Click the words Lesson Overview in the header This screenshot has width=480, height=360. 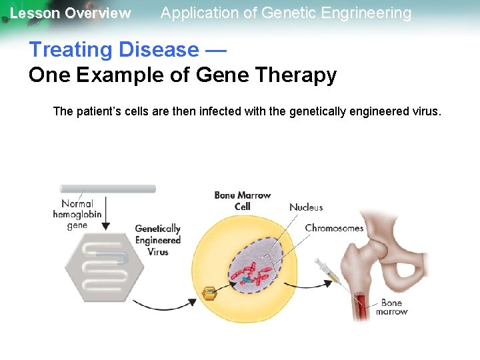coord(70,13)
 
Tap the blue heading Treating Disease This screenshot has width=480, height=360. coord(113,49)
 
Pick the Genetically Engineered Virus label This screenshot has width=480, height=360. coord(158,240)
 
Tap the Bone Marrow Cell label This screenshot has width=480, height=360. coord(242,201)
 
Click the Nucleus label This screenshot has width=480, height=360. coord(306,207)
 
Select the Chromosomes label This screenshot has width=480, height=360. coord(334,228)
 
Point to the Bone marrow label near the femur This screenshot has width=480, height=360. coord(391,307)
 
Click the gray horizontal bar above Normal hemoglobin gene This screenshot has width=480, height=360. coord(108,189)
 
